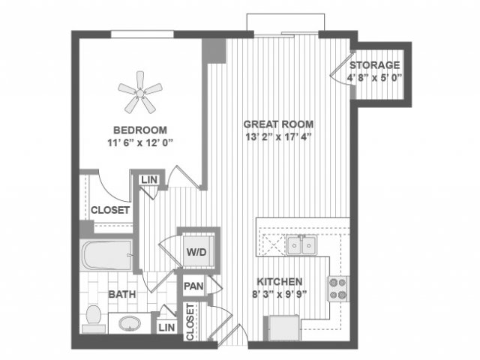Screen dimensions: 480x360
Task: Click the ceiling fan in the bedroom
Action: (140, 92)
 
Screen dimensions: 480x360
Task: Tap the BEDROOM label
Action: (140, 130)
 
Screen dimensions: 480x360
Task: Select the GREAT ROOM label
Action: (278, 124)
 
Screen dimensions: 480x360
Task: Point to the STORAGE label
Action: (375, 65)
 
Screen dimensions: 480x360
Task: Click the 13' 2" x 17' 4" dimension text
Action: (278, 136)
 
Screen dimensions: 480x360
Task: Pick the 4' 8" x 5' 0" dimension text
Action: (374, 78)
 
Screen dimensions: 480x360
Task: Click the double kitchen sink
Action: (301, 244)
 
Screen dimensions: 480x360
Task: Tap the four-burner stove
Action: (338, 289)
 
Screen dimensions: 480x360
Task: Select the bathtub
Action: (106, 256)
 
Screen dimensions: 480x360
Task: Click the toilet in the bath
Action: (93, 319)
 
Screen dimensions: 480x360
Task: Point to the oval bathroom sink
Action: (130, 324)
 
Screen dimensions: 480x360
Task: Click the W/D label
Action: (196, 252)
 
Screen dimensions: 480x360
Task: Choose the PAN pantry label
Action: (193, 286)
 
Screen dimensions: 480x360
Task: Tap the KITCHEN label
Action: (280, 282)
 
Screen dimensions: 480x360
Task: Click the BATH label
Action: (122, 295)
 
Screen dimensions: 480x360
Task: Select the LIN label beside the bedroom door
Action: (149, 180)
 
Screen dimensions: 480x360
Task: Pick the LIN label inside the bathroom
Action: (166, 328)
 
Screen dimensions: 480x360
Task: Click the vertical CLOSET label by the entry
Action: (190, 322)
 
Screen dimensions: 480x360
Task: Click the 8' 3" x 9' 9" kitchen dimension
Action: (280, 295)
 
